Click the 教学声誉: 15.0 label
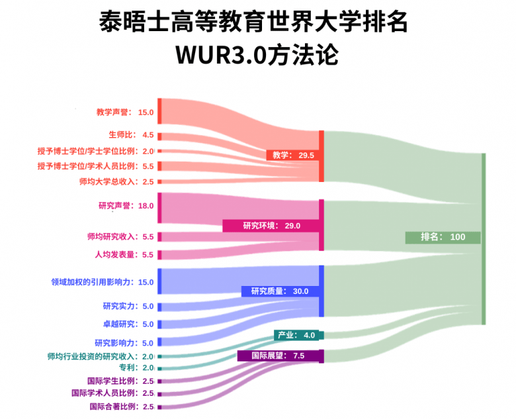pyautogui.click(x=125, y=113)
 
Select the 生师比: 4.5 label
pyautogui.click(x=131, y=135)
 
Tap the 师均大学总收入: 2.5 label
pyautogui.click(x=116, y=181)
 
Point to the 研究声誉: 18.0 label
pyautogui.click(x=126, y=206)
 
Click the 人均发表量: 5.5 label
pyautogui.click(x=124, y=255)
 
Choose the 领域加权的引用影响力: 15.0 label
pyautogui.click(x=103, y=282)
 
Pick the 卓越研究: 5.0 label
pyautogui.click(x=128, y=324)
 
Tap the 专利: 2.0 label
pyautogui.click(x=136, y=367)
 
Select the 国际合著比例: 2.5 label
pyautogui.click(x=122, y=406)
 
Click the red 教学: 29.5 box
pyautogui.click(x=293, y=155)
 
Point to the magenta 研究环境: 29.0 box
pyautogui.click(x=271, y=226)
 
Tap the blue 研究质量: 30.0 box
pyautogui.click(x=280, y=291)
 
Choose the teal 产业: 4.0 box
pyautogui.click(x=296, y=335)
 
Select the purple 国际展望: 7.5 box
pyautogui.click(x=279, y=355)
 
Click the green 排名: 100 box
pyautogui.click(x=443, y=237)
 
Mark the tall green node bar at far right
pyautogui.click(x=484, y=239)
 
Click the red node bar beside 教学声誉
pyautogui.click(x=159, y=111)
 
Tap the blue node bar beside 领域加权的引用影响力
pyautogui.click(x=159, y=281)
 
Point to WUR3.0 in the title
pyautogui.click(x=221, y=55)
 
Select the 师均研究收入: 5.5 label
pyautogui.click(x=120, y=236)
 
